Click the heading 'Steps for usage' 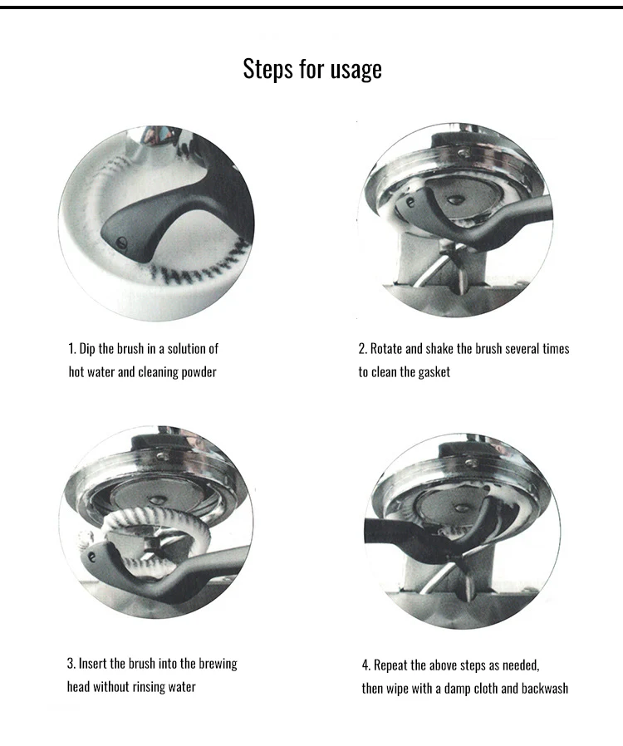coord(312,69)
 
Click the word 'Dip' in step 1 coord(87,349)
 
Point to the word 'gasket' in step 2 coord(434,372)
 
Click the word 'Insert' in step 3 coord(93,663)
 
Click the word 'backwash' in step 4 coord(545,689)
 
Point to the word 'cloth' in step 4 coord(485,689)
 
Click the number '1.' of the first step coord(71,349)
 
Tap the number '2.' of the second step coord(363,349)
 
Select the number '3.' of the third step coord(71,663)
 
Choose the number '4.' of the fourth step coord(366,665)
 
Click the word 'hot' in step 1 coord(76,372)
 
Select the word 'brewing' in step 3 coord(218,664)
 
